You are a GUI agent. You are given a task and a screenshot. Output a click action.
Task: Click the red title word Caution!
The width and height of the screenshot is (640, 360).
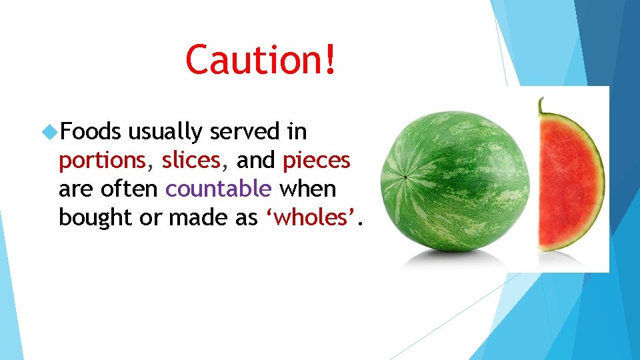click(262, 60)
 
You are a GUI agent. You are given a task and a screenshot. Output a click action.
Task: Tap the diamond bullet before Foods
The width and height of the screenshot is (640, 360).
click(49, 132)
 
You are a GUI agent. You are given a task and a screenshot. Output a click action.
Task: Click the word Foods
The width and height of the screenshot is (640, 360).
click(90, 132)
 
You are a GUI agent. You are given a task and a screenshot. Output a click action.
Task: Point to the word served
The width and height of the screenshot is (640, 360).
click(246, 132)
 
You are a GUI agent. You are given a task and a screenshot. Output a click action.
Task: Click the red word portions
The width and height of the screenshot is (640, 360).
click(102, 161)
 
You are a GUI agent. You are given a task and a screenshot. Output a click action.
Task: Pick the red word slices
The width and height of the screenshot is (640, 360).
click(191, 161)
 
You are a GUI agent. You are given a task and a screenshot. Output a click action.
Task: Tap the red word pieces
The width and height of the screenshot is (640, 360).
click(317, 161)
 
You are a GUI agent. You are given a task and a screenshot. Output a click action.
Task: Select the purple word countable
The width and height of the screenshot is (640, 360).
click(219, 189)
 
